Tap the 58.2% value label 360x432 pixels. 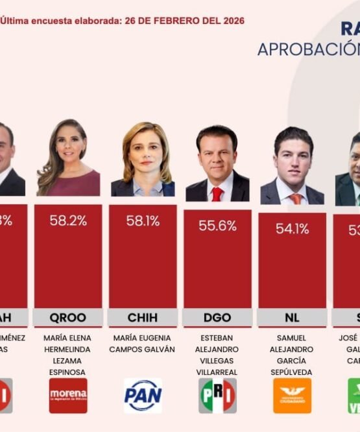(x=68, y=221)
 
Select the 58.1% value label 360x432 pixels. (x=143, y=221)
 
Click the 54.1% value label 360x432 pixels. (x=292, y=228)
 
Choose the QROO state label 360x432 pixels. (x=68, y=317)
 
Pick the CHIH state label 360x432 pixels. (x=143, y=317)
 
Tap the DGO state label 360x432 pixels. (x=217, y=317)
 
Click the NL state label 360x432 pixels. (x=292, y=317)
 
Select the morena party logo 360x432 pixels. (x=68, y=396)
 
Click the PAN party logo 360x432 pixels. (x=143, y=396)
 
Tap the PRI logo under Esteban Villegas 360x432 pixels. (x=217, y=396)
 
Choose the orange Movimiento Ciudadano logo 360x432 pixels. (x=292, y=396)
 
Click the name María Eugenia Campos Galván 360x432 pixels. (x=143, y=343)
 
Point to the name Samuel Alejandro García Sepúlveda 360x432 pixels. (x=292, y=355)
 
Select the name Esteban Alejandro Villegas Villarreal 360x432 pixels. (x=217, y=355)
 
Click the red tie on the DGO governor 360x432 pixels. (x=217, y=193)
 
